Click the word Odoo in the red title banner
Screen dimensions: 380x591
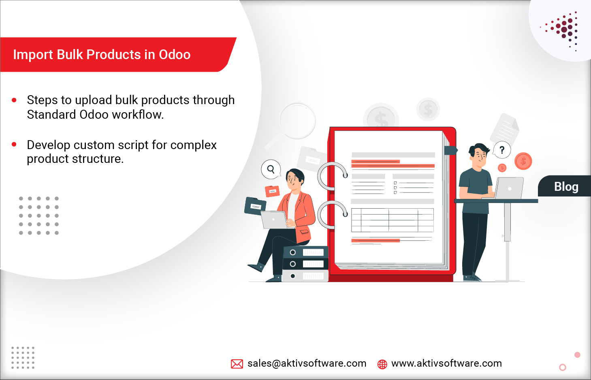tap(175, 54)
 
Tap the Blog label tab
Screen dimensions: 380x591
tap(566, 186)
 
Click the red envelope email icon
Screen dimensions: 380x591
tap(237, 364)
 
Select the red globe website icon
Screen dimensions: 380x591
tap(382, 364)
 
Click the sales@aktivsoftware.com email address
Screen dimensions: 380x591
tap(307, 363)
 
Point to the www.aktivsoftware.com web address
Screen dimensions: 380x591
tap(446, 363)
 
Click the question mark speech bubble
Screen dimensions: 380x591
tap(502, 150)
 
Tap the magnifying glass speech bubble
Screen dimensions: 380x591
tap(271, 169)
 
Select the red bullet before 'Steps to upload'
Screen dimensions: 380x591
tap(14, 100)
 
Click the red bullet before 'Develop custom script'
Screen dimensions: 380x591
tap(14, 144)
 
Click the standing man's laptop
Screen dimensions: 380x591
tap(509, 188)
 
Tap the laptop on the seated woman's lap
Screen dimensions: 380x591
tap(274, 220)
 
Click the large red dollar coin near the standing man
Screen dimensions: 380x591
tap(523, 161)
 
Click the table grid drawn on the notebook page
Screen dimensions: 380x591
tap(392, 220)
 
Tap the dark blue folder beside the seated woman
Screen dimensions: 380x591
tap(255, 206)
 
